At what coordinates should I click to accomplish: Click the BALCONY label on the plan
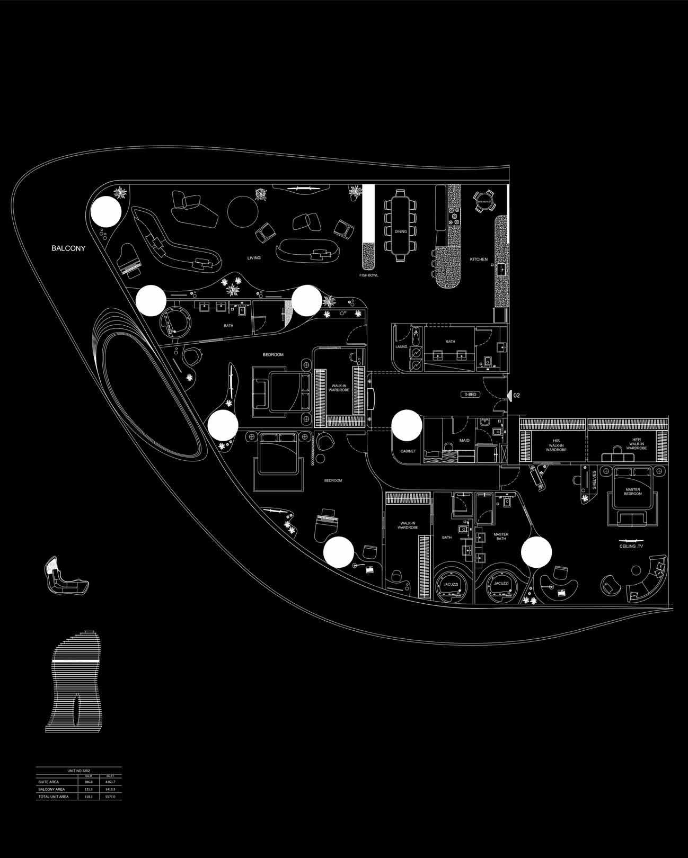[68, 248]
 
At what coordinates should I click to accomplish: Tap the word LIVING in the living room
[254, 258]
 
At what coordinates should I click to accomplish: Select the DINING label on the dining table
[401, 231]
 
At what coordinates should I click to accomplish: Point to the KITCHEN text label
[479, 259]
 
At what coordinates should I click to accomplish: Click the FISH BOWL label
[368, 275]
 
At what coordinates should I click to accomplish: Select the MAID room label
[464, 441]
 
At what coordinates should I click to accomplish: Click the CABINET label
[408, 451]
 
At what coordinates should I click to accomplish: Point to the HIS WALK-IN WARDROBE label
[556, 445]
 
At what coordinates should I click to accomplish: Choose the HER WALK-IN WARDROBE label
[636, 445]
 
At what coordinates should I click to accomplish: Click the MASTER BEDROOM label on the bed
[633, 491]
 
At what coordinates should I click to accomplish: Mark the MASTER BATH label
[501, 537]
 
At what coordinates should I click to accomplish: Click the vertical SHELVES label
[595, 479]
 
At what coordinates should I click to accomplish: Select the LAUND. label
[401, 347]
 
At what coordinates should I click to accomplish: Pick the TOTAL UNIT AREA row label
[54, 811]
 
